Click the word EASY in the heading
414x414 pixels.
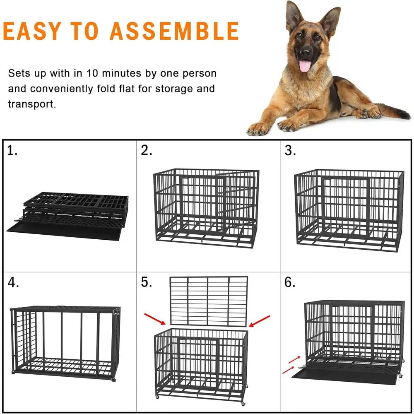click(x=31, y=31)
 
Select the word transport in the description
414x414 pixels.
click(x=31, y=103)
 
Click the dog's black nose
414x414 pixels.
click(x=306, y=52)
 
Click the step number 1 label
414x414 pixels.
click(x=12, y=151)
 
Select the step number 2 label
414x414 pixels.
click(x=147, y=151)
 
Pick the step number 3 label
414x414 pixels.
click(x=290, y=151)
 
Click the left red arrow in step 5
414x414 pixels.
click(x=154, y=319)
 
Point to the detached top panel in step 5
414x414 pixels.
click(x=209, y=300)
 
